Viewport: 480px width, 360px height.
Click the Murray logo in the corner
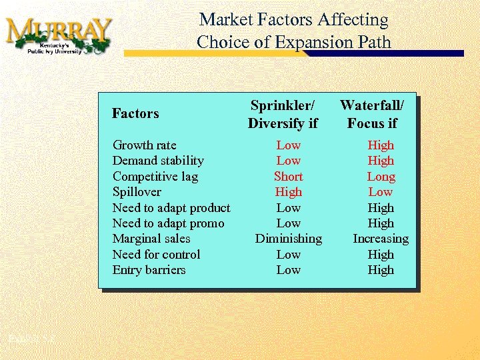click(59, 35)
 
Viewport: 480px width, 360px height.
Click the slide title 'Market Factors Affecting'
click(293, 20)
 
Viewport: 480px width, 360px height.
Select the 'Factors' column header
click(135, 113)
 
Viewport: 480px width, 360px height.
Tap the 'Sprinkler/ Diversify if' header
click(283, 114)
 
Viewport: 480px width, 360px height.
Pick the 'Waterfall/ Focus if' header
click(372, 114)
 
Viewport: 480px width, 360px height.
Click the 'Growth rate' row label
click(144, 145)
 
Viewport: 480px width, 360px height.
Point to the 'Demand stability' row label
click(158, 161)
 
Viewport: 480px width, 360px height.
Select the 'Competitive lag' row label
click(155, 177)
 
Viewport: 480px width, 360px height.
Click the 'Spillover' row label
click(137, 192)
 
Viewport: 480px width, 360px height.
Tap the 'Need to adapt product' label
click(171, 208)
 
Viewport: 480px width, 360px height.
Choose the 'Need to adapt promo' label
click(168, 223)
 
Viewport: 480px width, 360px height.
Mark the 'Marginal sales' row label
click(151, 239)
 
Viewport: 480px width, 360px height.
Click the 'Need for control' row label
click(156, 255)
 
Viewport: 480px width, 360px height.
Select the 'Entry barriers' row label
click(149, 270)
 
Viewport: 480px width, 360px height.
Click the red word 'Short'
click(288, 177)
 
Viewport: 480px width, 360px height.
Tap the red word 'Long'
click(381, 177)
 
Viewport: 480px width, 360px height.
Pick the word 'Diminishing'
click(288, 239)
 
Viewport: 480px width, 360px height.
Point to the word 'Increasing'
click(381, 239)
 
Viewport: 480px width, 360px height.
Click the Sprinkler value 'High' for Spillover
click(288, 192)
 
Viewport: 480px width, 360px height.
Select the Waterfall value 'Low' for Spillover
click(381, 192)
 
